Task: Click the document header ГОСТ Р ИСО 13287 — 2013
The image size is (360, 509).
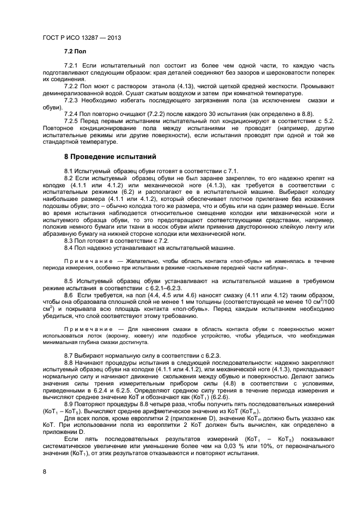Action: tap(81, 39)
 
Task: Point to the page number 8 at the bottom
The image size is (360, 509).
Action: tap(44, 471)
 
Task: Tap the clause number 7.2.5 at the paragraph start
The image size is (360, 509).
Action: tap(72, 120)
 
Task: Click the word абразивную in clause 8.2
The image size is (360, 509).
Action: tap(60, 235)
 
